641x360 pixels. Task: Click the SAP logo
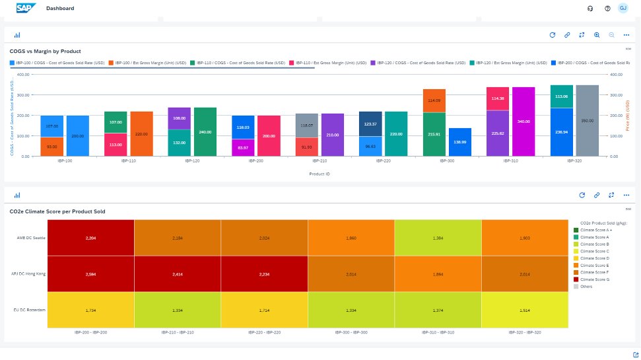[x=26, y=8]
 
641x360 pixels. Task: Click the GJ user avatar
[x=623, y=8]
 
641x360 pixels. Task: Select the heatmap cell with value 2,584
[x=91, y=274]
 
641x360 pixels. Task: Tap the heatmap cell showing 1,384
[x=438, y=237]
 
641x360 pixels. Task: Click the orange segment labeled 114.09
[x=434, y=100]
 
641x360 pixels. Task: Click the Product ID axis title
[x=320, y=174]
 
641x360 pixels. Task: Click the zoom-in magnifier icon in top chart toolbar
[x=597, y=35]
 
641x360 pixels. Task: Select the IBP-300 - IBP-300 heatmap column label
[x=351, y=332]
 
